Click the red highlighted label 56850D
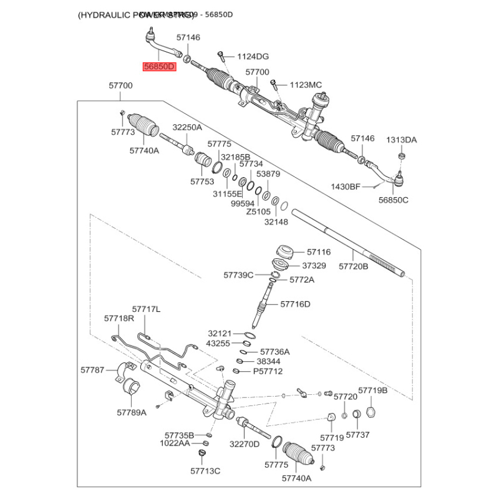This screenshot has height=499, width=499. tap(160, 66)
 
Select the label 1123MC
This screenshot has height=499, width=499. tap(306, 85)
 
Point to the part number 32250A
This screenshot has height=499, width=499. tap(187, 127)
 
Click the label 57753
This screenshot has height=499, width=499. tap(202, 182)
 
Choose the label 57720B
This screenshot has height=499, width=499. tap(354, 266)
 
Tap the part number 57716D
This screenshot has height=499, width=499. tap(295, 304)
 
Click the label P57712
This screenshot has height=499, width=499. tap(268, 371)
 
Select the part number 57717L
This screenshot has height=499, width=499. tap(147, 309)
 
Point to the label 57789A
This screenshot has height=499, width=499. tap(132, 412)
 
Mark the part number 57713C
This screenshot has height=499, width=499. tap(205, 470)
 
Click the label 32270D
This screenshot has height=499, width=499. tap(245, 444)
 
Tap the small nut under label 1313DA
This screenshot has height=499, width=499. tap(401, 155)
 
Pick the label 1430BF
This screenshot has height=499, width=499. tap(346, 187)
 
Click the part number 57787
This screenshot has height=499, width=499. tap(92, 370)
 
